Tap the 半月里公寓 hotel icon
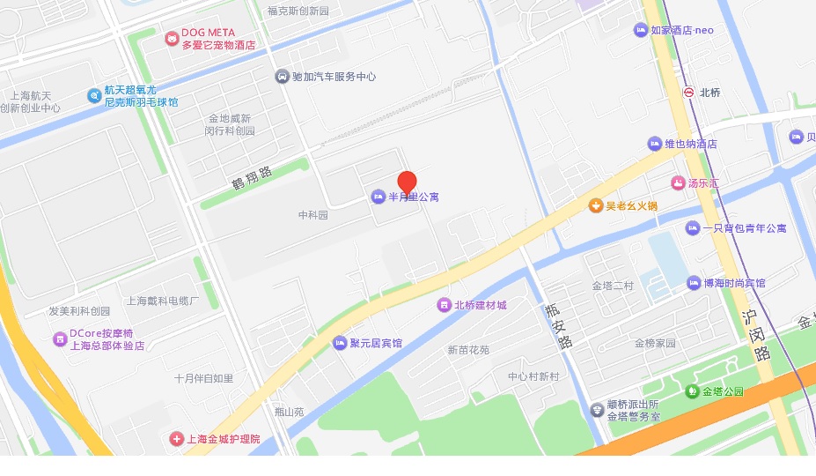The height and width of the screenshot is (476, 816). point(379,195)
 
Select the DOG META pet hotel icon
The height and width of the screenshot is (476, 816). point(171,38)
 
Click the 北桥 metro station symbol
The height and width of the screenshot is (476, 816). point(688,92)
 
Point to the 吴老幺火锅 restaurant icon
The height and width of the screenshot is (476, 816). point(595,205)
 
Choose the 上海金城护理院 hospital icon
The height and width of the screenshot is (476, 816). point(176,438)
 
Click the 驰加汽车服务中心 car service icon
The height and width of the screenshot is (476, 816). point(282,77)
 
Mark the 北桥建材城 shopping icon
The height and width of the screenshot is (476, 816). point(444,305)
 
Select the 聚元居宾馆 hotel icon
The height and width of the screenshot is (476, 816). point(340,343)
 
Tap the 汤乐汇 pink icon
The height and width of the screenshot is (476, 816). point(677,183)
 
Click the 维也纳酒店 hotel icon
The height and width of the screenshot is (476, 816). point(654,143)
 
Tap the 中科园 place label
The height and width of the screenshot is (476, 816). point(312,215)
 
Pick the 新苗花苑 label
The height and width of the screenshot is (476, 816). point(468,350)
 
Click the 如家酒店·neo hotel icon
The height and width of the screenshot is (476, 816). point(640,31)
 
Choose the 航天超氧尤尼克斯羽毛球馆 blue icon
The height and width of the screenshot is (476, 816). point(94,95)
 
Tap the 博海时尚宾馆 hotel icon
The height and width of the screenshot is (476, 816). point(694,283)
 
